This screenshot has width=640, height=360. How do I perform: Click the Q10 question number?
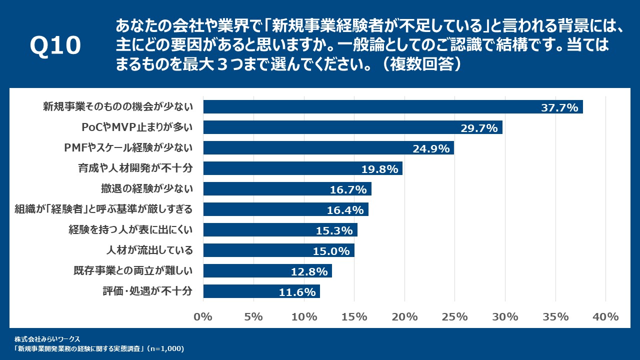click(x=55, y=46)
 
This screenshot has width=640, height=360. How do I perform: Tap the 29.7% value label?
click(x=478, y=128)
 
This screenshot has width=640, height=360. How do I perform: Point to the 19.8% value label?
click(x=379, y=169)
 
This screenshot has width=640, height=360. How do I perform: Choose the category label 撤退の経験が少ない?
click(x=146, y=189)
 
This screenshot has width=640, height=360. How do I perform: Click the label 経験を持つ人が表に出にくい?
click(x=130, y=230)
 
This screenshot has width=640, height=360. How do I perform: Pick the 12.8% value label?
click(x=309, y=271)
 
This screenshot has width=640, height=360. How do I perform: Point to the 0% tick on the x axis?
click(x=203, y=316)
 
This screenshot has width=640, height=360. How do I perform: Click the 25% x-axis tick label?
click(x=454, y=316)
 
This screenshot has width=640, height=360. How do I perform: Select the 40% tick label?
click(x=605, y=316)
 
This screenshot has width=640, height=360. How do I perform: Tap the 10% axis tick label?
click(x=304, y=316)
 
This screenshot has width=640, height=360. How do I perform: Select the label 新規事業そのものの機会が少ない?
click(x=118, y=107)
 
